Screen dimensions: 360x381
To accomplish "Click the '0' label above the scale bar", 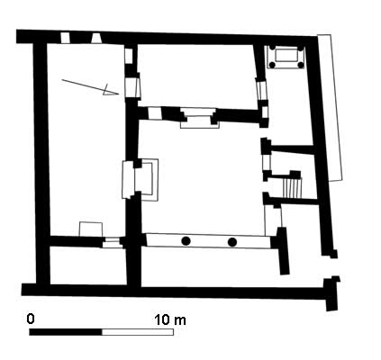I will [31, 319].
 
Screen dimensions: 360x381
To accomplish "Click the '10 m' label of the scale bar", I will [170, 319].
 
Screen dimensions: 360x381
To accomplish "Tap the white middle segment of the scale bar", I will [137, 332].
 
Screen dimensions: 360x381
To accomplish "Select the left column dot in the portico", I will [186, 241].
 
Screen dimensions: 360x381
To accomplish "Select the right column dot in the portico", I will [231, 241].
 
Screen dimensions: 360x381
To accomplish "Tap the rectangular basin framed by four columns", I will [287, 58].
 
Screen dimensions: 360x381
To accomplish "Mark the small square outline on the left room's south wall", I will [90, 229].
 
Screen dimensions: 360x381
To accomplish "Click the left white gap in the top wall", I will [65, 37].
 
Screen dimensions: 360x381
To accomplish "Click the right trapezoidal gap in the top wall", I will [95, 37].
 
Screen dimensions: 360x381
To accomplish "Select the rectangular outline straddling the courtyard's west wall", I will [139, 179].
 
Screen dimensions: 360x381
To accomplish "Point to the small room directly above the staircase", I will [288, 160].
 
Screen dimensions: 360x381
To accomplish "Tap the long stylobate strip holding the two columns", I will [207, 241].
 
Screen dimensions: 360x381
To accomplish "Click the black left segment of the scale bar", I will [66, 332].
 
